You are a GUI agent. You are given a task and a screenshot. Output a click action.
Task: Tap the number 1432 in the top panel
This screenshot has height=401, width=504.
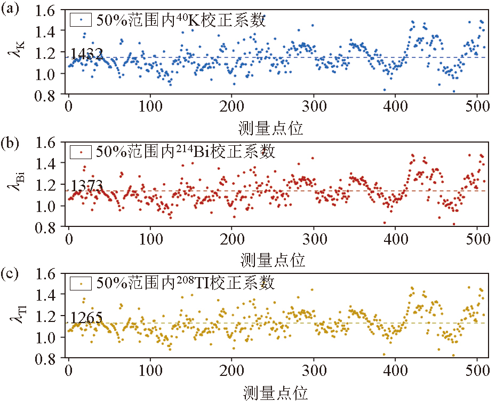[x=86, y=53]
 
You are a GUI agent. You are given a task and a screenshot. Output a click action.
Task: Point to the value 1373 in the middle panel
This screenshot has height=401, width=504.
[x=86, y=186]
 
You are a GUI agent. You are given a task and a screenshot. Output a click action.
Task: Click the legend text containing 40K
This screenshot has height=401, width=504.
[x=181, y=20]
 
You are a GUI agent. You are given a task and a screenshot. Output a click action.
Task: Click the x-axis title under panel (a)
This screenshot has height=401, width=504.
[x=273, y=129]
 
